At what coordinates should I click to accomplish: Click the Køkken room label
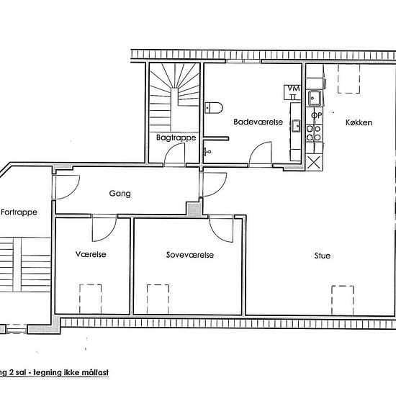[x=359, y=123]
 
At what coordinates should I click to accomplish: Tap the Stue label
[x=322, y=255]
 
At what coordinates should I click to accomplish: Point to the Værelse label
[x=91, y=255]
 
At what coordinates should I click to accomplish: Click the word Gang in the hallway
[x=119, y=194]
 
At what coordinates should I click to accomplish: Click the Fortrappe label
[x=19, y=212]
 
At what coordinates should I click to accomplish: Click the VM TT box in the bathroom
[x=293, y=91]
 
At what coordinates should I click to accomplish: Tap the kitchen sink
[x=315, y=97]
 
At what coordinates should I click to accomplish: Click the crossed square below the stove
[x=315, y=162]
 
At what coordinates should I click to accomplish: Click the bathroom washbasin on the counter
[x=295, y=126]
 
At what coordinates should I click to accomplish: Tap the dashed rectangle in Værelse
[x=90, y=296]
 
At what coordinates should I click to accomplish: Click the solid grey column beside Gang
[x=193, y=207]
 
